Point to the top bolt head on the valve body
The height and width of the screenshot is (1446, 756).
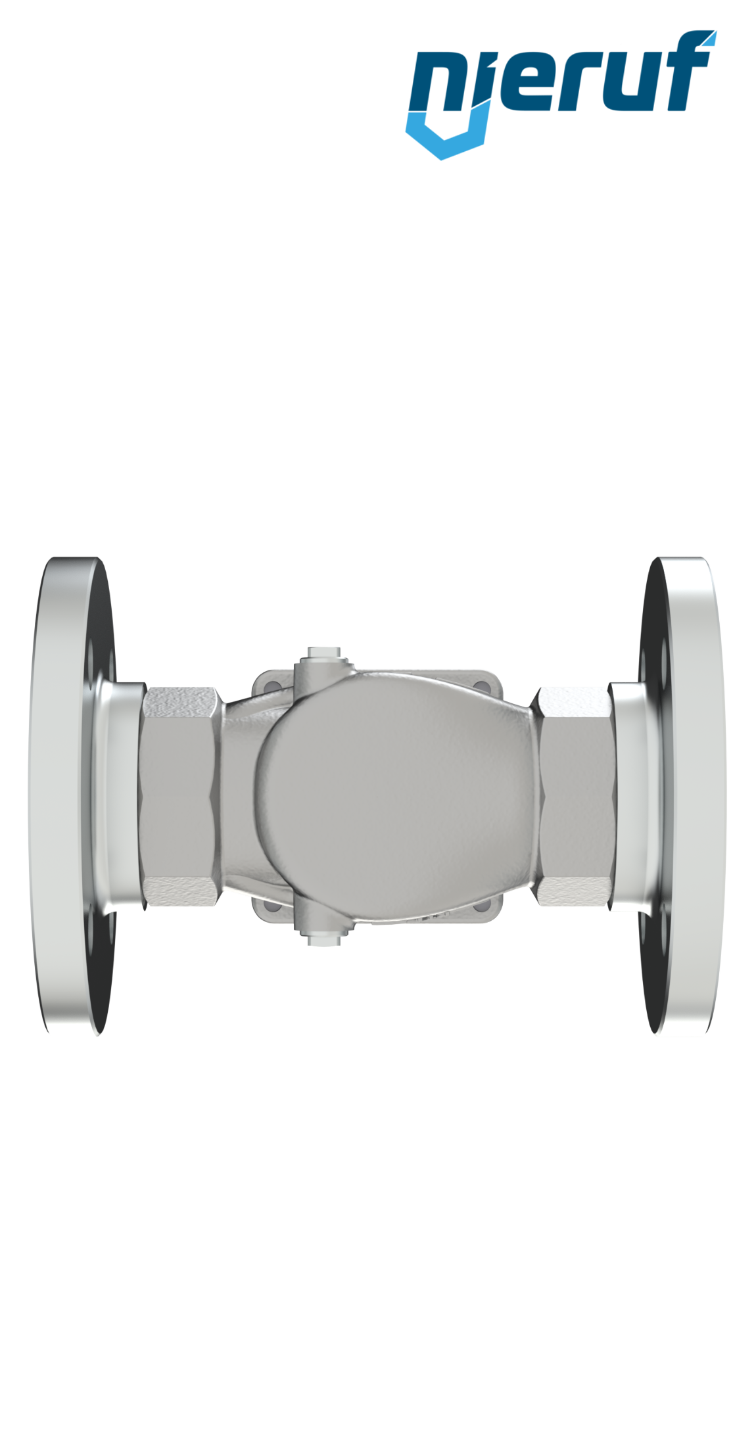[x=324, y=655]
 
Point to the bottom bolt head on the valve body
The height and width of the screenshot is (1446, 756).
[x=324, y=939]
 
